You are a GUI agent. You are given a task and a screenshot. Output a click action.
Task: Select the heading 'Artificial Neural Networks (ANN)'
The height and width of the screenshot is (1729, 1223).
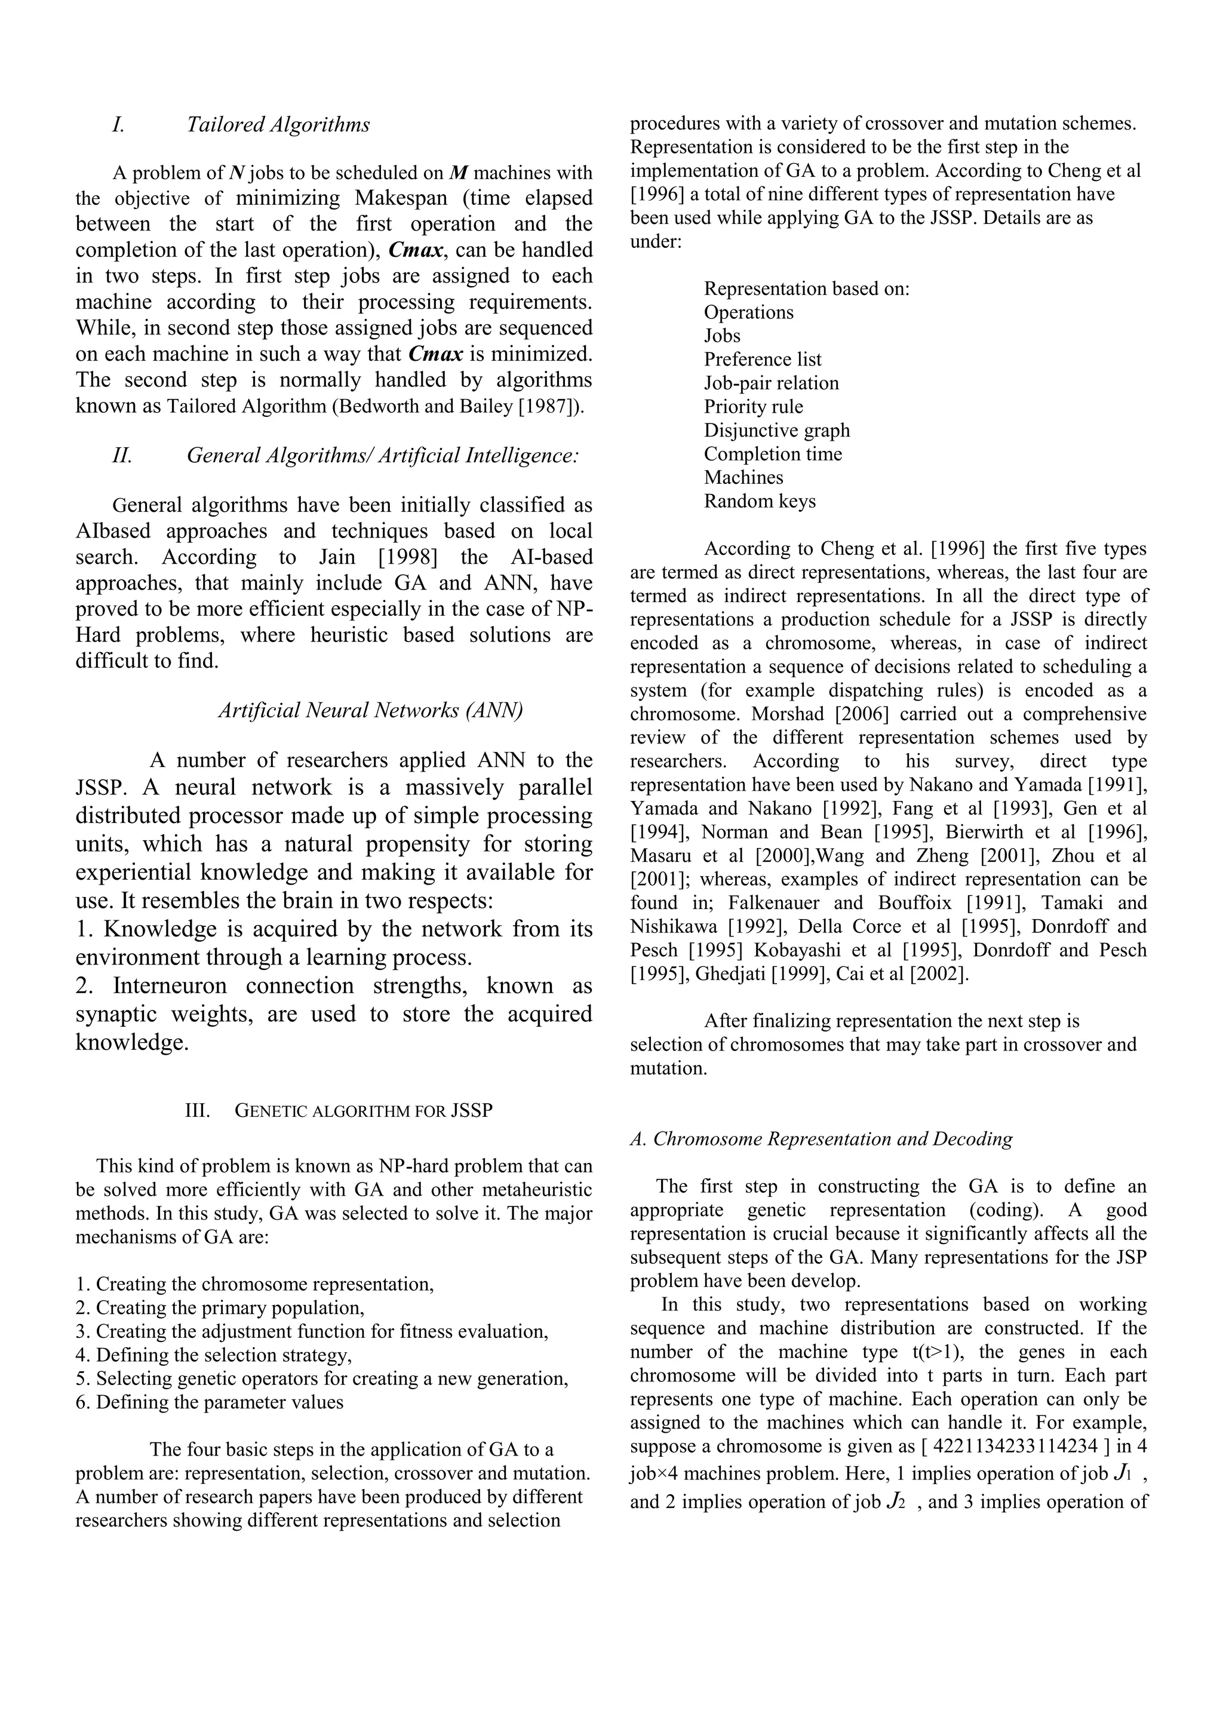tap(370, 710)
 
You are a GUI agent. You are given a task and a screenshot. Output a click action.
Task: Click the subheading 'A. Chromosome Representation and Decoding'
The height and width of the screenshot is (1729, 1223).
tap(821, 1138)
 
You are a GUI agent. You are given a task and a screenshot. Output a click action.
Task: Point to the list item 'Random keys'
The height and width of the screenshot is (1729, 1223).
tap(759, 502)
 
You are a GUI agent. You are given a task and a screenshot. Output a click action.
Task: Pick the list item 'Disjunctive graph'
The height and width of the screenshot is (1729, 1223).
tap(776, 431)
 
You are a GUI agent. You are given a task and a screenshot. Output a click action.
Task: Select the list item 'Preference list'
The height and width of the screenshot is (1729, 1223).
tap(762, 360)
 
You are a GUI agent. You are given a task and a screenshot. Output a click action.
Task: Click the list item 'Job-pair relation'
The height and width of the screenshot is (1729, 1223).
tap(771, 383)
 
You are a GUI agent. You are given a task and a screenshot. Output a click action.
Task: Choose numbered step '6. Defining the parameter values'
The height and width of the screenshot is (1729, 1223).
tap(210, 1402)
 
